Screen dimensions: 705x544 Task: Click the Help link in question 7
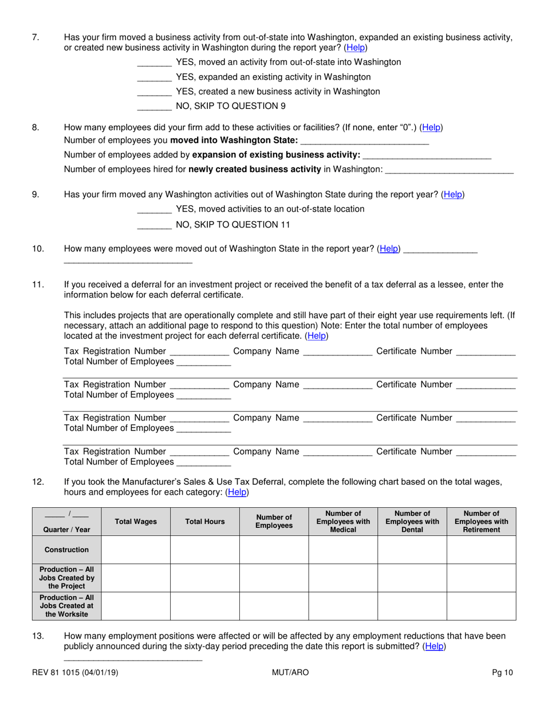tap(356, 48)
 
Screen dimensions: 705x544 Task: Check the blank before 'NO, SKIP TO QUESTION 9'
tap(155, 107)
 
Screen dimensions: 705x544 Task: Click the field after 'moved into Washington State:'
tap(364, 141)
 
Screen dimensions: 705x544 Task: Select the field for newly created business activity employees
tap(450, 170)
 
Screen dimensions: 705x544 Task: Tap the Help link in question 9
tap(452, 194)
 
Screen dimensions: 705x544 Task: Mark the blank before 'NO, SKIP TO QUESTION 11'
tap(155, 225)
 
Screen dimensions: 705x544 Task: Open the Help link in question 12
tap(238, 492)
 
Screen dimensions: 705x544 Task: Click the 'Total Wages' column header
tap(136, 522)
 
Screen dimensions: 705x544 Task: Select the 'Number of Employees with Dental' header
tap(412, 522)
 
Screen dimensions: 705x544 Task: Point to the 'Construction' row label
tap(67, 550)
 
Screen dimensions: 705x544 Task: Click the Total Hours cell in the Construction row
tap(205, 550)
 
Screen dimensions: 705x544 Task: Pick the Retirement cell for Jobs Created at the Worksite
tap(481, 606)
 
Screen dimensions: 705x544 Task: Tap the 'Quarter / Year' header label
tap(67, 530)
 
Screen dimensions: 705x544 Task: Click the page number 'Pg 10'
tap(503, 672)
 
